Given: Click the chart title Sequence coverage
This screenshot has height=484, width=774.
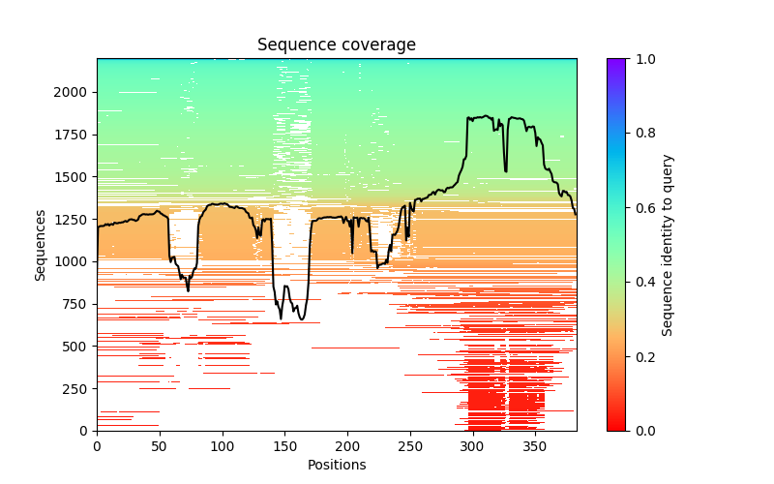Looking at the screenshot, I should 336,45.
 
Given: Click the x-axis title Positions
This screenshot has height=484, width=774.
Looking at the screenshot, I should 336,465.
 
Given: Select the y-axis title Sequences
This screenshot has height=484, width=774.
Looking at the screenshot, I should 41,244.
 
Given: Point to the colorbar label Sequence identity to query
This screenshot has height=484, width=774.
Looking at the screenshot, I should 668,244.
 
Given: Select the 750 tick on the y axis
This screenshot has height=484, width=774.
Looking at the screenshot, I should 77,304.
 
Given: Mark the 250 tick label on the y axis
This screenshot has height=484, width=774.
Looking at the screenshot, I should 77,388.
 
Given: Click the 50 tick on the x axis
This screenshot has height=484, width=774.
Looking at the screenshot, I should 160,446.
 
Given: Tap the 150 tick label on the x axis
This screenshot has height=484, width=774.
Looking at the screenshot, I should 284,446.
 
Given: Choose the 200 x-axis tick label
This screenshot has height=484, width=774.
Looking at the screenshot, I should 347,446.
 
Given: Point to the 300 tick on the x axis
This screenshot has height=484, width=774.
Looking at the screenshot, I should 472,446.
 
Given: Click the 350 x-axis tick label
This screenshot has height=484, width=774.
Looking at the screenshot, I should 535,446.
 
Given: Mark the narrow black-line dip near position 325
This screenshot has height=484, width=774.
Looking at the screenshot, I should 505,170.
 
